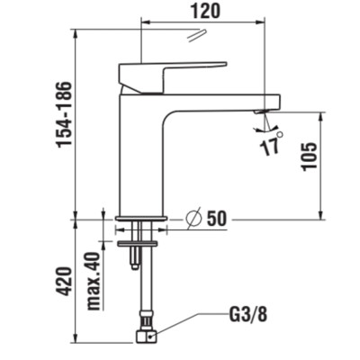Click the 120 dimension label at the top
(206, 11)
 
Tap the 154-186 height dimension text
(65, 114)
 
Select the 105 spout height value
(310, 157)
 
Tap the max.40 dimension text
(94, 281)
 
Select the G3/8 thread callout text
(248, 315)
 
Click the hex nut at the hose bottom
(147, 337)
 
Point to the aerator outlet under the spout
(261, 112)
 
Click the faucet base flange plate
(140, 218)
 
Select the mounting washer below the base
(138, 244)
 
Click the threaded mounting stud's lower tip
(134, 267)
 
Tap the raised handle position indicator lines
(197, 35)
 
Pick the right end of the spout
(280, 102)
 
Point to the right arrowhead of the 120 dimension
(261, 22)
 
